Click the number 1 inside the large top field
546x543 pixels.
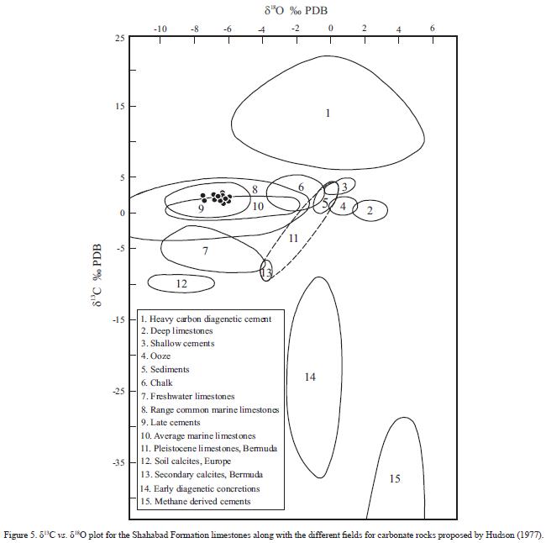328,113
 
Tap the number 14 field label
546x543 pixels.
310,377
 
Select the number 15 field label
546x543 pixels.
395,478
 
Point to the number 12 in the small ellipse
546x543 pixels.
181,284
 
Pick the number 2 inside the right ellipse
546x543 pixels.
370,211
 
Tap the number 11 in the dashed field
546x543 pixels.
293,239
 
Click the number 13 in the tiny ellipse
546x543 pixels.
266,273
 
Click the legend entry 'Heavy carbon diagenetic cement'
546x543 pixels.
206,319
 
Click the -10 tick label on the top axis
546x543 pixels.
160,29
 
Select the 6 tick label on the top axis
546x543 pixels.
433,29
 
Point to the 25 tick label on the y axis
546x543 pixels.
120,38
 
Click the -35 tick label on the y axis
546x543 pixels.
118,462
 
